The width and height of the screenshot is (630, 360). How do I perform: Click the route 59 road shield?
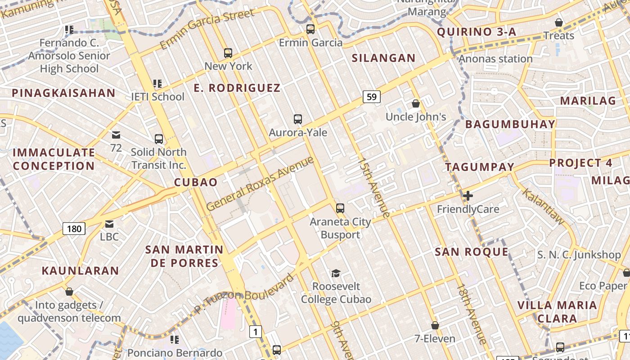pos(372,96)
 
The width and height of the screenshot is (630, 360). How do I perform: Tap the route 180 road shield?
pos(74,229)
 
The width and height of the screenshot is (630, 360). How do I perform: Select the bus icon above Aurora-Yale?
pos(297,119)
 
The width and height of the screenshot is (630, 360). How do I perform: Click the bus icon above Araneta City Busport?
pos(340,208)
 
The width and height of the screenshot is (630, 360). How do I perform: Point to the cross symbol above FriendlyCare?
pos(468,196)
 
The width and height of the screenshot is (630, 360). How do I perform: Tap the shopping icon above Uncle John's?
pos(416,103)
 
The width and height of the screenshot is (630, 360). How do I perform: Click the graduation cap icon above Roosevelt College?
pos(336,273)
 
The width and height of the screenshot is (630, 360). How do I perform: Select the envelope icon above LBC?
pos(109,224)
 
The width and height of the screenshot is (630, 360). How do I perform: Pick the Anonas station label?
pos(495,59)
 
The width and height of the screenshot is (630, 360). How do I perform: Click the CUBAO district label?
pos(196,182)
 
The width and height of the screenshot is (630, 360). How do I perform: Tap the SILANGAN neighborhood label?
pos(383,58)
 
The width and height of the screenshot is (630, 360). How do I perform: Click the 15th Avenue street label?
pos(374,188)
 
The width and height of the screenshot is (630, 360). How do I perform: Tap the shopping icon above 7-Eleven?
pos(435,325)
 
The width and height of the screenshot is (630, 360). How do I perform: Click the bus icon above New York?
pos(228,53)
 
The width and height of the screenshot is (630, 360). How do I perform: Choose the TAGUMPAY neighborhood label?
pos(480,167)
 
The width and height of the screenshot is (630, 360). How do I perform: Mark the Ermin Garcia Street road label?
pos(207,29)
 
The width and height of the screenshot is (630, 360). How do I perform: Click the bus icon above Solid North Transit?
pos(158,139)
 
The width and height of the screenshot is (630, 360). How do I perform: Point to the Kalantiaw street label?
pos(543,207)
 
